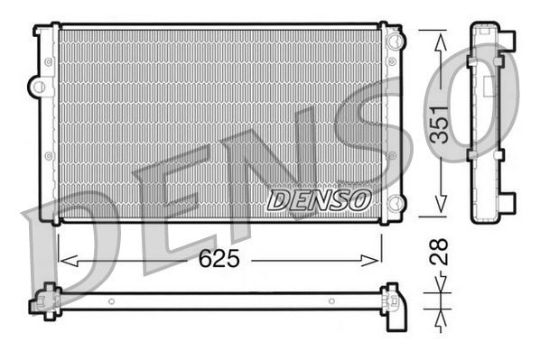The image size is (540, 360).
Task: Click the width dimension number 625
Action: tap(219, 260)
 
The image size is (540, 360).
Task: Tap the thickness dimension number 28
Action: tap(440, 250)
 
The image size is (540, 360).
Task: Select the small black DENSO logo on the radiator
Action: tap(319, 199)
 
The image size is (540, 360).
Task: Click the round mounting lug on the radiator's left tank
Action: tap(37, 88)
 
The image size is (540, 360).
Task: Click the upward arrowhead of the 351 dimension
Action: tap(440, 38)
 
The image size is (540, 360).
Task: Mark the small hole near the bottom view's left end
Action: tap(110, 301)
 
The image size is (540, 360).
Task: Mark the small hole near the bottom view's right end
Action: tap(331, 301)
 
